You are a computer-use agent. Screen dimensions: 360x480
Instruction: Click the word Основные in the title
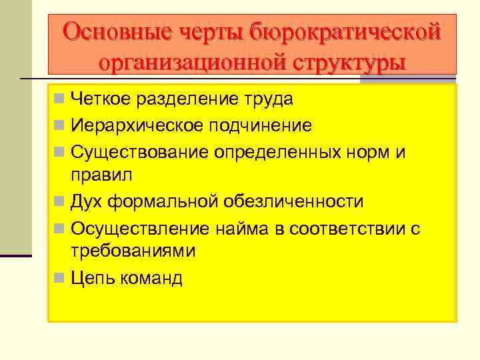[x=116, y=31]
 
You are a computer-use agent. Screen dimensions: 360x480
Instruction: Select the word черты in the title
[x=212, y=31]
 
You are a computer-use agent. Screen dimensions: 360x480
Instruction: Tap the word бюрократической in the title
[x=345, y=31]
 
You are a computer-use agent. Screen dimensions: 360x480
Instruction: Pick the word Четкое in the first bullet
[x=100, y=99]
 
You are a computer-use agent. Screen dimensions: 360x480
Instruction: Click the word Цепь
[x=93, y=277]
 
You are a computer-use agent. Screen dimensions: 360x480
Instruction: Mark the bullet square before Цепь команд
[x=60, y=277]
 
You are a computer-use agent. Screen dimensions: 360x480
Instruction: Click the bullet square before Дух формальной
[x=60, y=201]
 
